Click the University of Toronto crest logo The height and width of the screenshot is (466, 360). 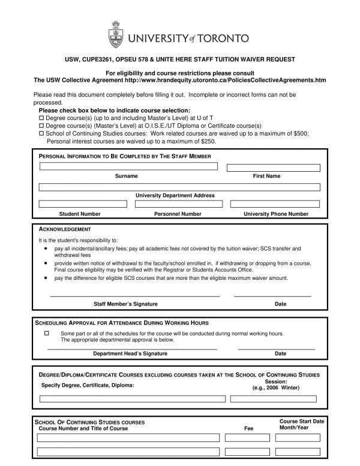click(x=117, y=34)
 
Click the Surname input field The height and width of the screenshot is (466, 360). click(x=128, y=166)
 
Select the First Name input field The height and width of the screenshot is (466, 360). click(x=273, y=167)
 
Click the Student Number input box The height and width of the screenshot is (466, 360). click(x=83, y=204)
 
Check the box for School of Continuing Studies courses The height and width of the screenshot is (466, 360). click(x=41, y=134)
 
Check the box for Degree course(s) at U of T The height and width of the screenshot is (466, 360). click(x=41, y=118)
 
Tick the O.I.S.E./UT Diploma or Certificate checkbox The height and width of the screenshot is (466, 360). click(x=41, y=126)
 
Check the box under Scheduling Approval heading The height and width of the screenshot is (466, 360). click(x=47, y=333)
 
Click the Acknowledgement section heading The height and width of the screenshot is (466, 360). click(x=64, y=229)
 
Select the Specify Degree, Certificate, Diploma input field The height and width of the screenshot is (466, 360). click(x=133, y=398)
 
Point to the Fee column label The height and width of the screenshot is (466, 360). click(x=249, y=429)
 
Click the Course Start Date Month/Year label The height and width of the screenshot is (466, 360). click(x=302, y=425)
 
